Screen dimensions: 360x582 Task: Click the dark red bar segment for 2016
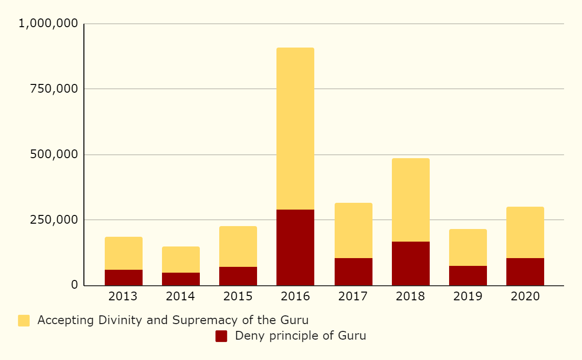(x=295, y=247)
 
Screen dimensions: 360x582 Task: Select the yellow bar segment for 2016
(x=295, y=129)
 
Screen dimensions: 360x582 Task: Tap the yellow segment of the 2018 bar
(x=411, y=200)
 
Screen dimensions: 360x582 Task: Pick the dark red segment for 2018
(x=411, y=263)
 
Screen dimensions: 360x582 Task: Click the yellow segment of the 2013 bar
(x=124, y=253)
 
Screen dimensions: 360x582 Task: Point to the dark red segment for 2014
(x=181, y=279)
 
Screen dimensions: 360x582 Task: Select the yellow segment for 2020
(x=525, y=232)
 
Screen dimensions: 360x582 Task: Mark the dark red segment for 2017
(x=354, y=272)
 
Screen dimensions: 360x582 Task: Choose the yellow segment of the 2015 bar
(x=238, y=246)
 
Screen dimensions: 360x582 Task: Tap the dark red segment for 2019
(x=468, y=276)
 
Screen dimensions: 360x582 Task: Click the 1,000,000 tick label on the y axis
(x=48, y=23)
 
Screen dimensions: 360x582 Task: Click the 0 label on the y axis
(x=74, y=285)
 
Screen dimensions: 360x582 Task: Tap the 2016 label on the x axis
(x=295, y=296)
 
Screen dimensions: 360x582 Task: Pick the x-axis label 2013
(x=124, y=296)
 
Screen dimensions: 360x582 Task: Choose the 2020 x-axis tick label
(x=525, y=296)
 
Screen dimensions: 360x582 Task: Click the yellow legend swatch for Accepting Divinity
(x=24, y=321)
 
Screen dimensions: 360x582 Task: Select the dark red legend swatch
(x=221, y=336)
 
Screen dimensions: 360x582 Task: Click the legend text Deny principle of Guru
(x=300, y=336)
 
